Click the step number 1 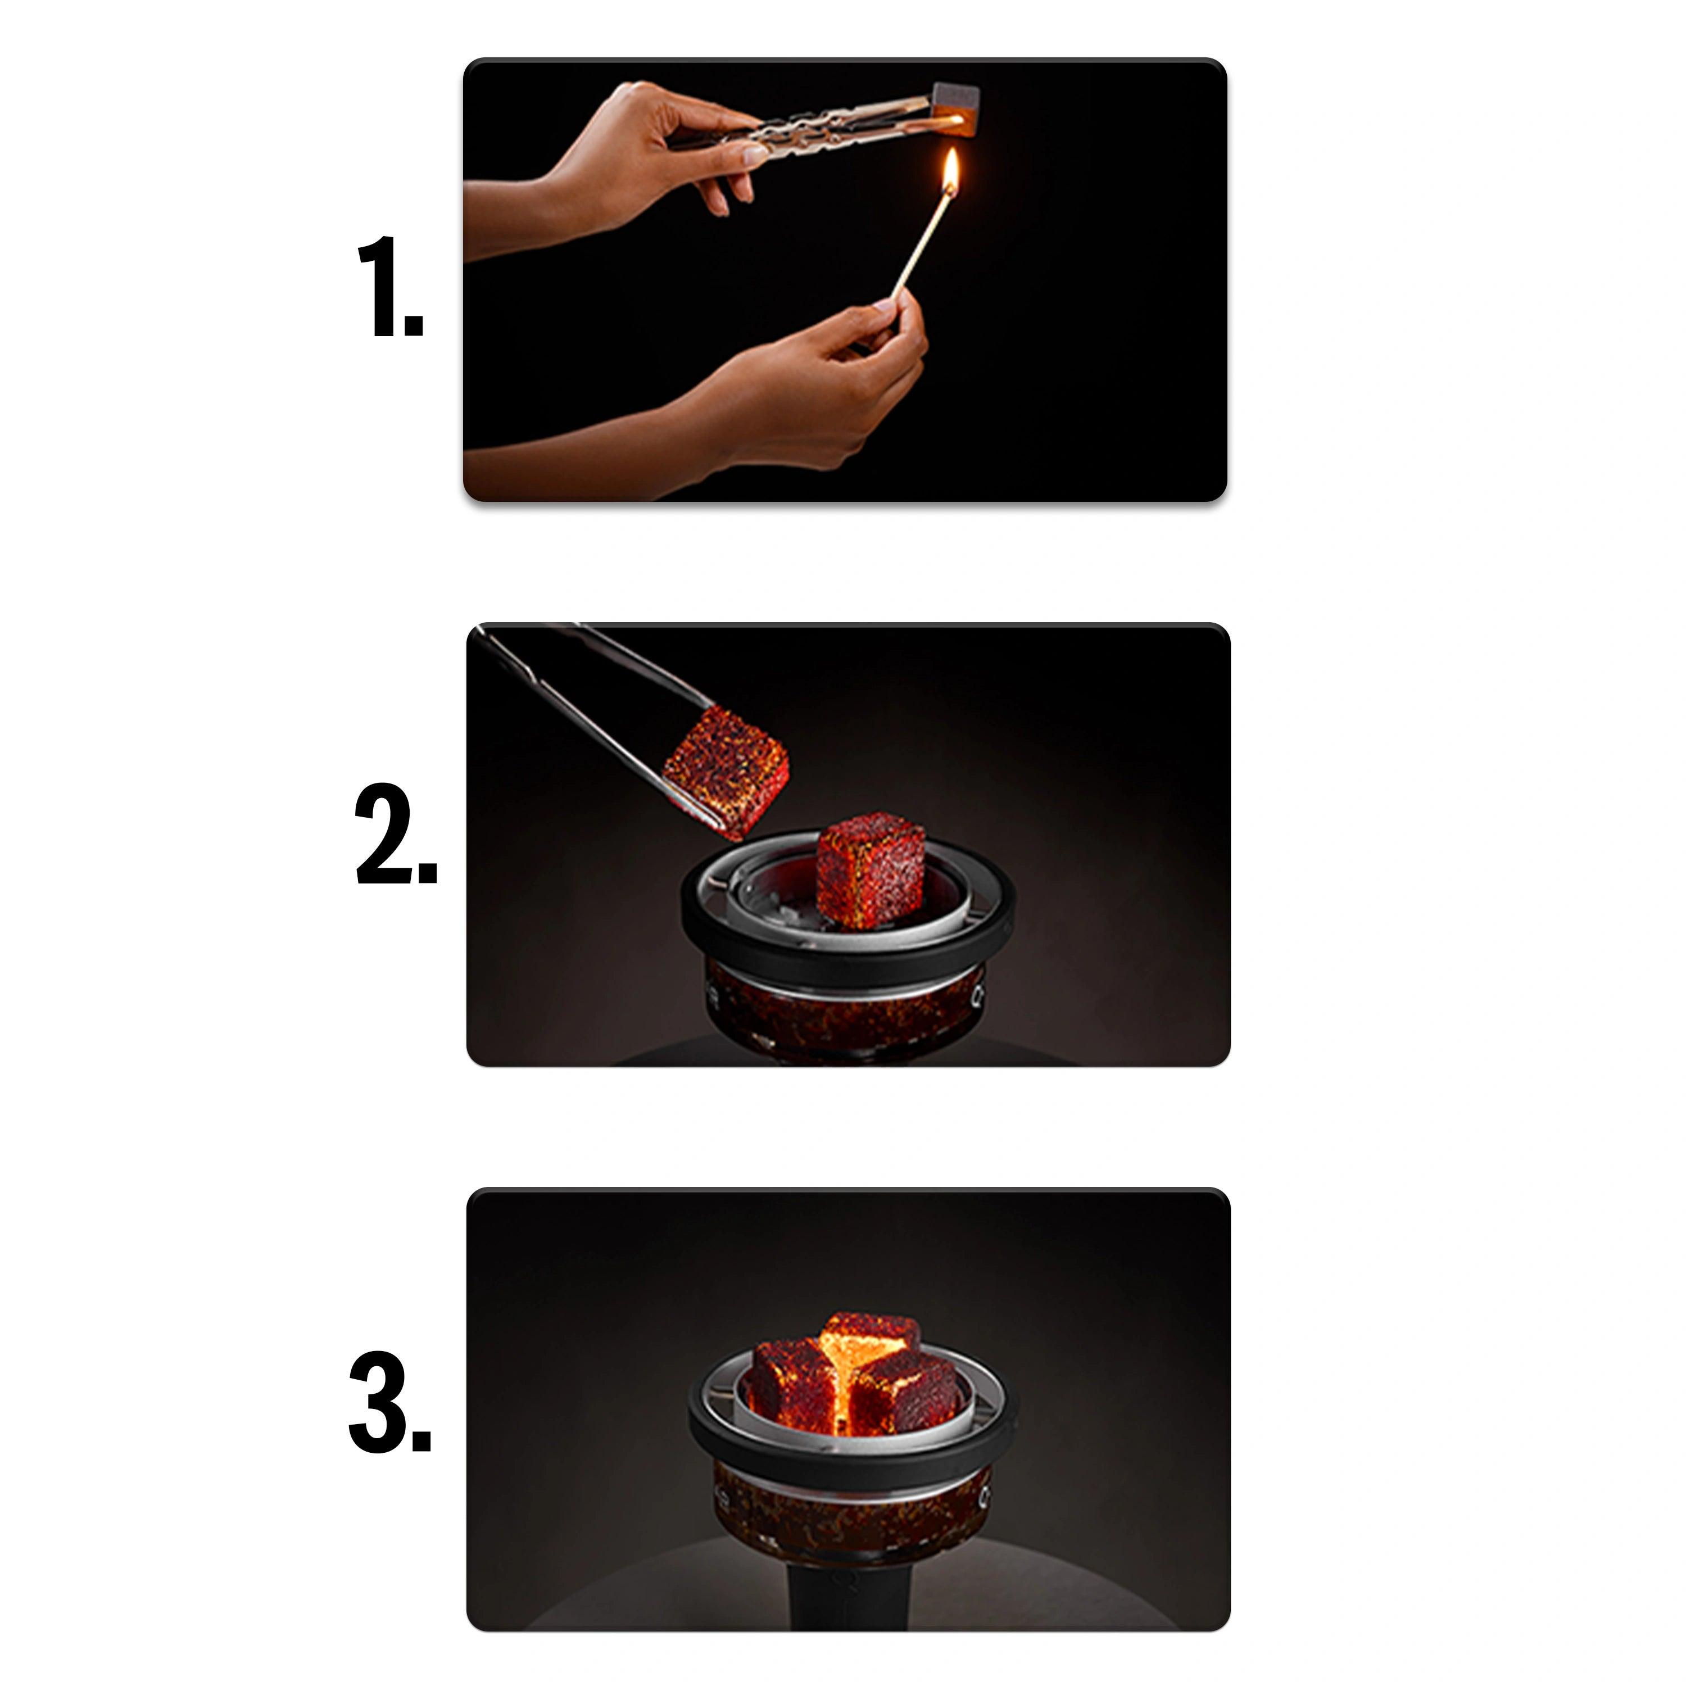coord(390,285)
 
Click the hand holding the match coord(812,384)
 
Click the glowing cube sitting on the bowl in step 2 coord(870,869)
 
